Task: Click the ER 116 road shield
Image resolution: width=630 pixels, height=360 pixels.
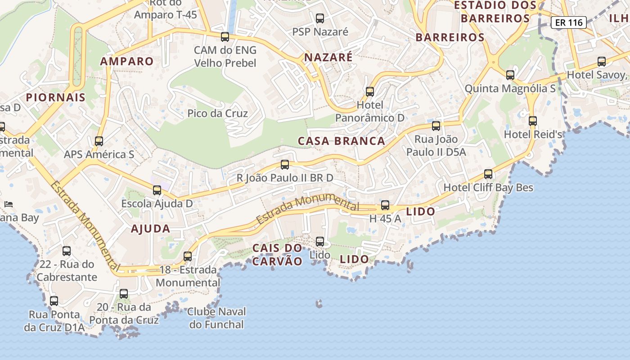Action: pos(569,22)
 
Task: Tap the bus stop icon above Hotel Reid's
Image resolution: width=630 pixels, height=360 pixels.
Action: pos(533,121)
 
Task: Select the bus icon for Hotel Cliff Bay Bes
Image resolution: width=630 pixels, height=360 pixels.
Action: pos(488,174)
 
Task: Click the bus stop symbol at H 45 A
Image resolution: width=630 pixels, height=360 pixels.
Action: pos(385,205)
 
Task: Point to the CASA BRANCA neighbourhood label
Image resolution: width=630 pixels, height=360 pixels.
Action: pos(342,141)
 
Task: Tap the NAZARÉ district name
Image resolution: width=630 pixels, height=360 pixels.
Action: pos(328,58)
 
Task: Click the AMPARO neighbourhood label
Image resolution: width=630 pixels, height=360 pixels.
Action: pos(127,61)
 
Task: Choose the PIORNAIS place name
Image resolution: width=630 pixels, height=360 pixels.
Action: pos(56,97)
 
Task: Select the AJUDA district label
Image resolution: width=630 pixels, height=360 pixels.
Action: pos(151,229)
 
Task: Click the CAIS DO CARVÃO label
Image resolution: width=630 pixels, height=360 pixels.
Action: pos(277,255)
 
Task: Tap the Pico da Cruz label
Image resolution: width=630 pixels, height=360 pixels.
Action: pos(218,113)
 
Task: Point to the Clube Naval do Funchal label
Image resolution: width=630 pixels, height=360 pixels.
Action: pos(217,318)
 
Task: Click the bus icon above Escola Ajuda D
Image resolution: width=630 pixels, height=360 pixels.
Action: pos(157,190)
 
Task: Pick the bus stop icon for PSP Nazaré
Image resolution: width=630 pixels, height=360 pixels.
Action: pos(320,18)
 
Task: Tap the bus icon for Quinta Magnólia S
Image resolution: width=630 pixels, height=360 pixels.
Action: pos(510,75)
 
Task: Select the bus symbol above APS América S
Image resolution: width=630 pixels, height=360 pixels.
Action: pos(99,141)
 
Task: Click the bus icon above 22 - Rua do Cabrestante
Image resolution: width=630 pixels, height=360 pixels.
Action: pos(67,251)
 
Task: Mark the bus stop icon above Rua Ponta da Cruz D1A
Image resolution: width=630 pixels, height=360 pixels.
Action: pos(54,301)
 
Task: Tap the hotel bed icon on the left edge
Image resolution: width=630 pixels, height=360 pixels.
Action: pos(8,204)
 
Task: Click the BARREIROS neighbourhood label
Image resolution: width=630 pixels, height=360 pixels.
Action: pos(450,37)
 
